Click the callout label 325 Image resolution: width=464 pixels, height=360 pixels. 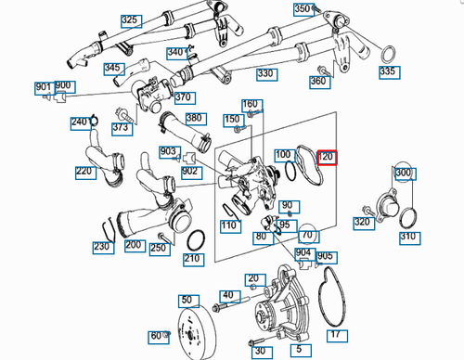click(x=129, y=19)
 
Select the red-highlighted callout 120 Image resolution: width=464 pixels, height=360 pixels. click(x=327, y=157)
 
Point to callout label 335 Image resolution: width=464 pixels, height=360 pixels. click(x=388, y=71)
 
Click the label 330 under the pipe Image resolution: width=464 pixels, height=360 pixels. click(x=265, y=73)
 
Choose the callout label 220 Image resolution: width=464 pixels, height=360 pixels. click(x=85, y=171)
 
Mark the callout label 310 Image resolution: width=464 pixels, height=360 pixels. click(x=408, y=237)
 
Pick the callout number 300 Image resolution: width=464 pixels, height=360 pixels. click(x=403, y=174)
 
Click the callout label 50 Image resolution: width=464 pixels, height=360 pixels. click(x=187, y=301)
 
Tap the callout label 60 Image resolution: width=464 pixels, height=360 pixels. click(x=156, y=335)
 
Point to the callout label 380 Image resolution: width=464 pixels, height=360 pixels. click(x=193, y=118)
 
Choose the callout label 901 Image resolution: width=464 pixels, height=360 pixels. click(x=44, y=87)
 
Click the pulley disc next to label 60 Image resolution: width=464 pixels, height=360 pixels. click(x=191, y=331)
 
